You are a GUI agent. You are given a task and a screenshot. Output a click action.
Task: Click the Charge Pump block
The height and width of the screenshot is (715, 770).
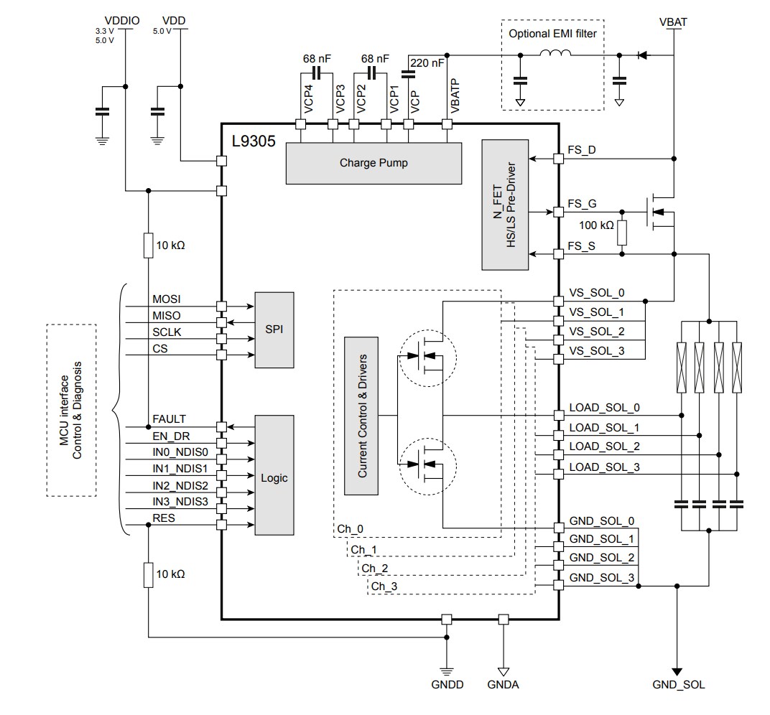pos(373,163)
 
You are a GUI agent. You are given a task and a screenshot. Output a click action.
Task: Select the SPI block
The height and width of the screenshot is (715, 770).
pos(274,330)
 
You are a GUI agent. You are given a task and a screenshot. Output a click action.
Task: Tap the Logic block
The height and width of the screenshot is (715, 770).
pos(274,477)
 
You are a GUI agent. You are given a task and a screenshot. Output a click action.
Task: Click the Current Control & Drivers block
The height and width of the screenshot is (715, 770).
pos(362,416)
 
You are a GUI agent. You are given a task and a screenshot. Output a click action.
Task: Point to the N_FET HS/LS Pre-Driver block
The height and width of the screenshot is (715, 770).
pos(505,205)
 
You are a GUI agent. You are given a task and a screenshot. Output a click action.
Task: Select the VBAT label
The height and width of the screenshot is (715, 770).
pos(672,22)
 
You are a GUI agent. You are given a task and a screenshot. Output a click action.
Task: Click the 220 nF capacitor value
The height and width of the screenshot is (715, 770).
pos(428,63)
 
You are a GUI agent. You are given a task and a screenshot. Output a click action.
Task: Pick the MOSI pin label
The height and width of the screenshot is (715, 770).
pos(167,299)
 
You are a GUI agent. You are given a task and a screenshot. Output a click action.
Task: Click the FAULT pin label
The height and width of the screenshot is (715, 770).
pos(169,419)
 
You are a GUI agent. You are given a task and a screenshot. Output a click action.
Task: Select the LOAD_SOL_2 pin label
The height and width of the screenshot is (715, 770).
pos(594,447)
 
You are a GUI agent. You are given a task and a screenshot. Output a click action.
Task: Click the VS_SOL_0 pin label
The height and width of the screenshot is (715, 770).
pos(596,292)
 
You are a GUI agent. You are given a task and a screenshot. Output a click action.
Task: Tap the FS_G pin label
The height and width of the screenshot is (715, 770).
pos(582,204)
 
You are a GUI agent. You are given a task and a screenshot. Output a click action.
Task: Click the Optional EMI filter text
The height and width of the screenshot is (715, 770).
pos(552,33)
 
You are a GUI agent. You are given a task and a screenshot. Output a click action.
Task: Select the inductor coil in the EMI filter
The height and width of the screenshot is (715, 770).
pos(555,54)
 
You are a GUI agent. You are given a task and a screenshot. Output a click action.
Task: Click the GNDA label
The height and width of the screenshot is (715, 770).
pos(504,685)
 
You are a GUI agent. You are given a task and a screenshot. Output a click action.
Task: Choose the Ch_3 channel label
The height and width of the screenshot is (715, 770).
pos(384,587)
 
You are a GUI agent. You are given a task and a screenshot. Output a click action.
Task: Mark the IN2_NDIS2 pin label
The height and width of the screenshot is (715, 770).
pos(180,485)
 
